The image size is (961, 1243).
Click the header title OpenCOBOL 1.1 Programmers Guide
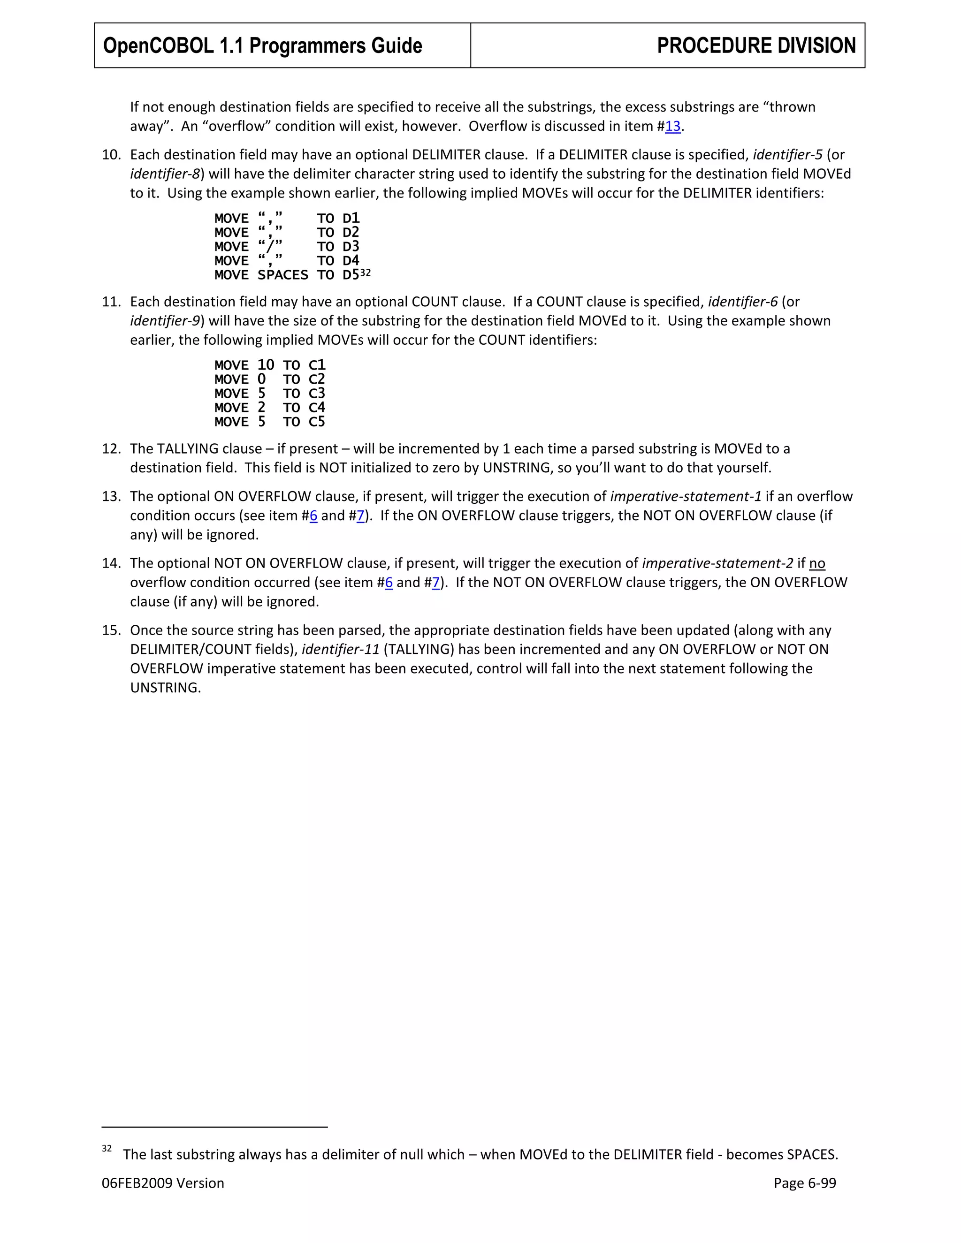(262, 45)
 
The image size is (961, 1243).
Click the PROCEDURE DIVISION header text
(756, 45)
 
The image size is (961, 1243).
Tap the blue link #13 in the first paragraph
(672, 126)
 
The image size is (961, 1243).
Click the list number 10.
(111, 155)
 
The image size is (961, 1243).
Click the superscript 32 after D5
(366, 273)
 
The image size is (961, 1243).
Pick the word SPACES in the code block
(282, 275)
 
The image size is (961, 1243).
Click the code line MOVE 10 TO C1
(269, 365)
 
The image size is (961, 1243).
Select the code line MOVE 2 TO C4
(269, 408)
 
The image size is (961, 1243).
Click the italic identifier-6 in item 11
(742, 302)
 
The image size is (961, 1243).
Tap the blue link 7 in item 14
(435, 583)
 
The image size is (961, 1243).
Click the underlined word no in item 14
(817, 563)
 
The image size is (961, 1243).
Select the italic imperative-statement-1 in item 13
(686, 496)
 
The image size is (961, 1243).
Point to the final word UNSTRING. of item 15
(165, 688)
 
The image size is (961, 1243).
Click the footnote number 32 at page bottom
(107, 1149)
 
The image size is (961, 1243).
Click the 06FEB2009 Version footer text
(163, 1183)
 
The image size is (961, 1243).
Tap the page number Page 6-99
(804, 1183)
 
